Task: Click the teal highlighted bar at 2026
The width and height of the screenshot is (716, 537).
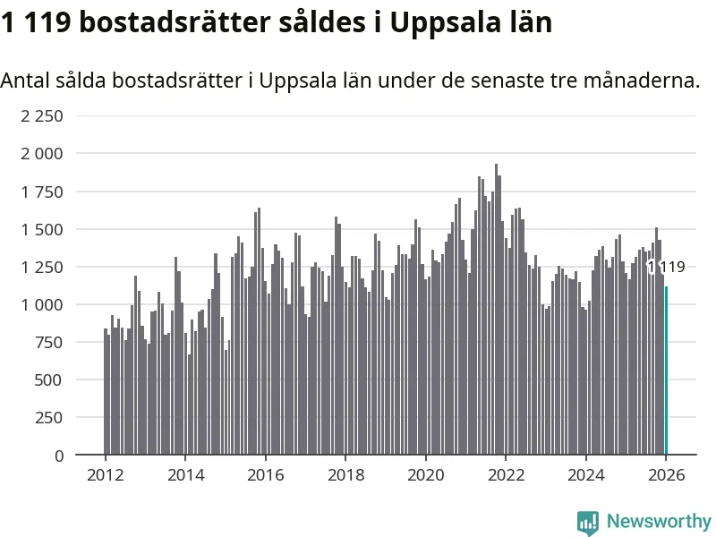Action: coord(666,371)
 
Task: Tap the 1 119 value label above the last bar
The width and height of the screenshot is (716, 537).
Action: coord(666,267)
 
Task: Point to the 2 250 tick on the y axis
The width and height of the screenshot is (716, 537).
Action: coord(42,116)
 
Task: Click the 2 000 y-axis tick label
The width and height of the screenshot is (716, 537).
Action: coord(42,154)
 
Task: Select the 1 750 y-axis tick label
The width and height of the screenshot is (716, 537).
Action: coord(42,192)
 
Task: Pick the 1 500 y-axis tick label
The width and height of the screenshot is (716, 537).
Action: coord(42,229)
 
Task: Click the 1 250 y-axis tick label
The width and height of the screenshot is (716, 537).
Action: coord(42,267)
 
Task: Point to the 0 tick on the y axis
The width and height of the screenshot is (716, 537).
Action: coord(59,456)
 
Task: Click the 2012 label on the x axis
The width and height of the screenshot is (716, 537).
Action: coord(105,475)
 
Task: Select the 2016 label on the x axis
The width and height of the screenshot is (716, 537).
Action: coord(265,475)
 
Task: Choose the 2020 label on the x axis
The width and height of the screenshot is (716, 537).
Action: coord(425,475)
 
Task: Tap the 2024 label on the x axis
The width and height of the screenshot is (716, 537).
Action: coord(585,475)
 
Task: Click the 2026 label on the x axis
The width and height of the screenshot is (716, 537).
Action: coord(666,475)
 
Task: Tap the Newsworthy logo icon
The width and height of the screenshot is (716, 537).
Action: coord(588,522)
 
